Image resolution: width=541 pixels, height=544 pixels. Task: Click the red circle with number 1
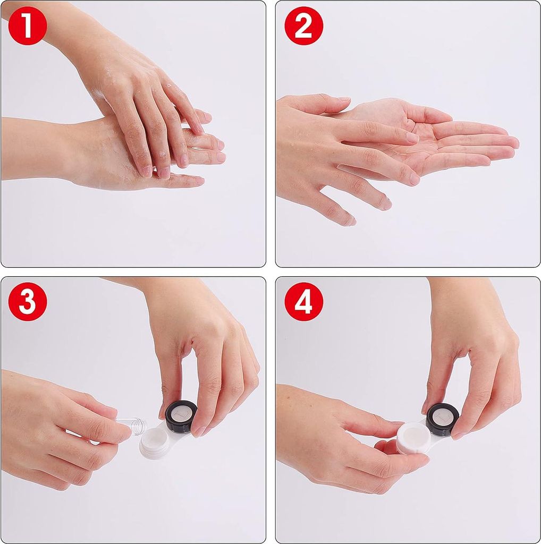[x=28, y=25]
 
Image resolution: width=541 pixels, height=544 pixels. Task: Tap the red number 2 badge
[x=303, y=25]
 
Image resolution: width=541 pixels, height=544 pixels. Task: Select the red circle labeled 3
[x=28, y=301]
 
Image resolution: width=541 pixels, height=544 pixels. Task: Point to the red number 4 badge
[x=303, y=301]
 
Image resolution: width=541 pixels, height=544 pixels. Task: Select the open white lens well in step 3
[x=155, y=442]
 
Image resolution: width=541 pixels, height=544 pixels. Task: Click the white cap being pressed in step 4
[x=413, y=437]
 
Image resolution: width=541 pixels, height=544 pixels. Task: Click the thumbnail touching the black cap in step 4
[x=458, y=436]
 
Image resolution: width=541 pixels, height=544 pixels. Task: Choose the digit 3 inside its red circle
[x=28, y=301]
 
